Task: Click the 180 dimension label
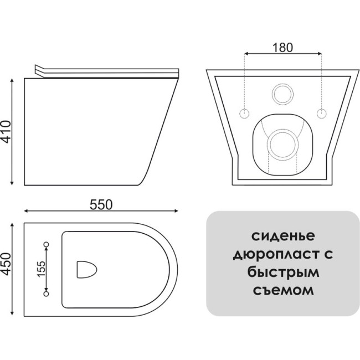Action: pos(282,48)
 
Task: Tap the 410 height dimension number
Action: pos(6,132)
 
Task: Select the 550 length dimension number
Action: pos(101,205)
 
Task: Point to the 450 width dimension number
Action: pos(6,264)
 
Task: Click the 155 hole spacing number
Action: pos(42,269)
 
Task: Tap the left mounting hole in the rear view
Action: pos(244,114)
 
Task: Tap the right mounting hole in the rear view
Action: pos(321,114)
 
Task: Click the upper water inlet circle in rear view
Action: pos(282,94)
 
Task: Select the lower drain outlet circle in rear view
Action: pos(282,144)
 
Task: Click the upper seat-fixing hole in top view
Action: pos(47,244)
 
